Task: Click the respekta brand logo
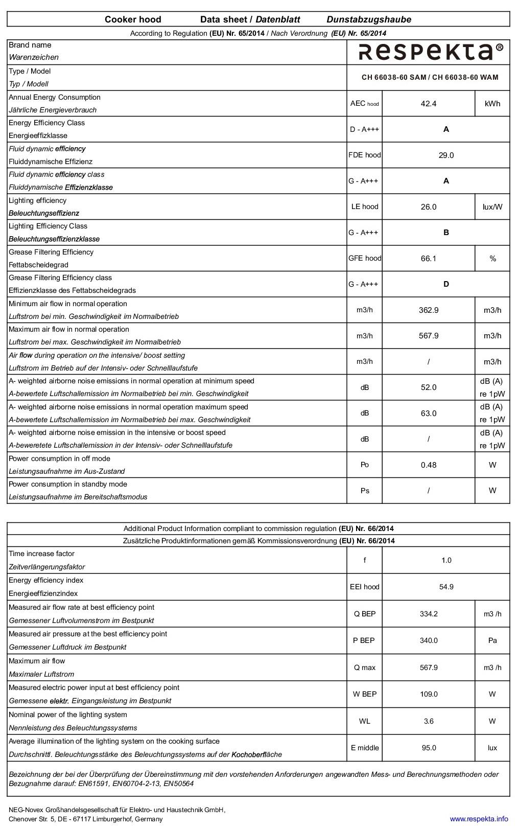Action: [430, 52]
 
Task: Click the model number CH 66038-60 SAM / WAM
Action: [430, 78]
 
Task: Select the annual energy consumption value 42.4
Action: [428, 104]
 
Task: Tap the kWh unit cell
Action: [492, 104]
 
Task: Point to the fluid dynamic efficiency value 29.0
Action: [446, 155]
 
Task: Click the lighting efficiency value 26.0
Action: [428, 207]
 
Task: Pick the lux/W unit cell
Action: [492, 207]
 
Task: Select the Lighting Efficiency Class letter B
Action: [446, 233]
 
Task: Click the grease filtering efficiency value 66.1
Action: [428, 259]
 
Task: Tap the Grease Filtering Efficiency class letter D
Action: [446, 284]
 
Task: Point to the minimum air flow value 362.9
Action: [428, 310]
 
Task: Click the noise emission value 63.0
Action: [428, 413]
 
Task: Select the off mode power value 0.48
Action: [428, 465]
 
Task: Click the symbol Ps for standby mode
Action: [365, 491]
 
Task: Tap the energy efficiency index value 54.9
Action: [446, 587]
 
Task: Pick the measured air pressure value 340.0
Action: [428, 640]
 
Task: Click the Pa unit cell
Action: [492, 640]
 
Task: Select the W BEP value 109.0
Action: [428, 694]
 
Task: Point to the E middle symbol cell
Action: [365, 748]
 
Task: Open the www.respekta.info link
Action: [479, 819]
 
